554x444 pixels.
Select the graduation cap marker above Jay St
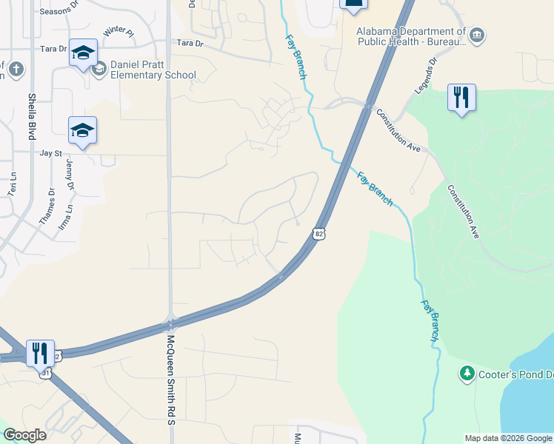[83, 131]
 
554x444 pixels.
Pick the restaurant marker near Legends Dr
[461, 98]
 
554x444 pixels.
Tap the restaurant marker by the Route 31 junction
[40, 353]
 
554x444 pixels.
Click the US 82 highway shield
[318, 232]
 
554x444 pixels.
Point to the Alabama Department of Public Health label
[411, 37]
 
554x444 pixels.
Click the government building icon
[477, 34]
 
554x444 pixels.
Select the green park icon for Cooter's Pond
[467, 374]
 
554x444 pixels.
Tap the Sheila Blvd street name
[32, 116]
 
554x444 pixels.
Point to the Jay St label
[50, 153]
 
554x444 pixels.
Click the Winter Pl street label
[119, 32]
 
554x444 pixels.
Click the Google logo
[24, 435]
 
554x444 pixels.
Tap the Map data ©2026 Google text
[508, 438]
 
